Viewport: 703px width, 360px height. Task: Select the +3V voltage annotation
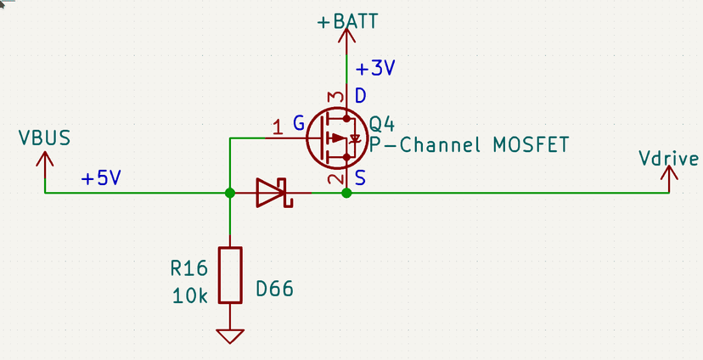374,69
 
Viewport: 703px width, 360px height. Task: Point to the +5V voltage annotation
100,179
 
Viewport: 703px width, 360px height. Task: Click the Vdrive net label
670,159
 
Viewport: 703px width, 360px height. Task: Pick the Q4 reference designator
381,124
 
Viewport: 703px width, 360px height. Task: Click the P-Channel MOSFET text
469,144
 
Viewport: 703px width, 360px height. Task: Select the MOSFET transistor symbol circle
335,138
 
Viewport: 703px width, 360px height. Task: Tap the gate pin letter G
299,124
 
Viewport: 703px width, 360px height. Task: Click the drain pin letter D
361,96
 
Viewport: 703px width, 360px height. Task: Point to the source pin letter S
361,179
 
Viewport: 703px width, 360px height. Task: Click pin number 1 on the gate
277,127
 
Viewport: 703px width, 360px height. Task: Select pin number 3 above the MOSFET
336,97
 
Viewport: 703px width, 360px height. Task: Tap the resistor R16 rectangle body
230,275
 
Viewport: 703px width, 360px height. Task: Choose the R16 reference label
188,270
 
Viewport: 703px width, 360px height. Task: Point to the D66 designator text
274,290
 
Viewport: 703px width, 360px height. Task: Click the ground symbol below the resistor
230,335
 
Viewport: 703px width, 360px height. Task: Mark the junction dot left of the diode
230,194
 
